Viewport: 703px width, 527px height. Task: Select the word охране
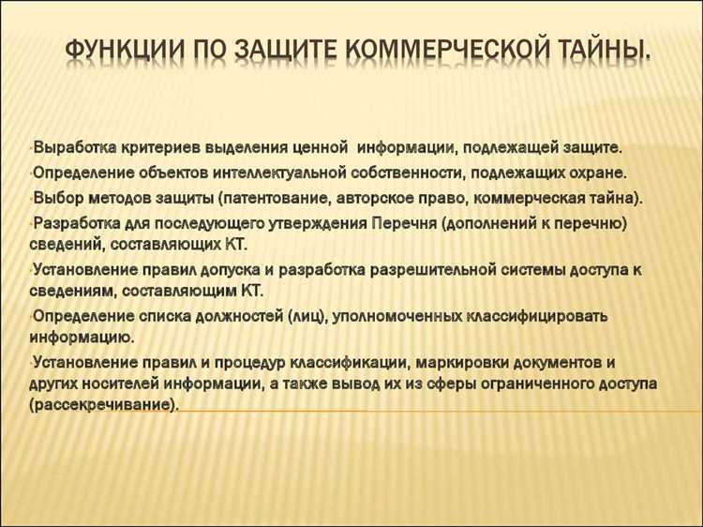592,173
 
